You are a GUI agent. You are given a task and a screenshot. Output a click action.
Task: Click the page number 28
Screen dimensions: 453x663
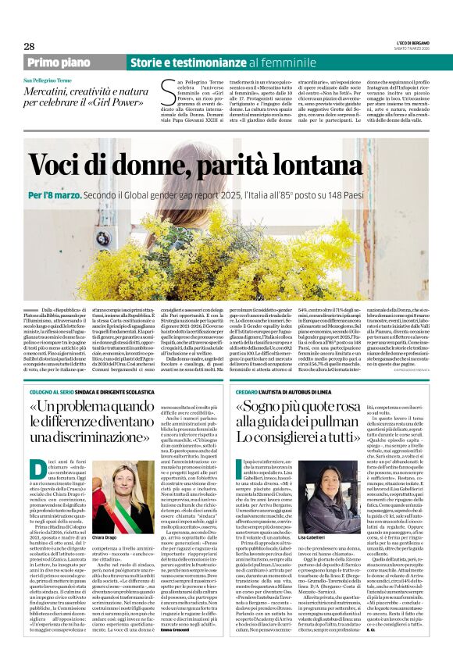click(x=29, y=47)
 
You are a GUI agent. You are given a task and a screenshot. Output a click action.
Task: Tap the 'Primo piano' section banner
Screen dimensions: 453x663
click(x=58, y=62)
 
